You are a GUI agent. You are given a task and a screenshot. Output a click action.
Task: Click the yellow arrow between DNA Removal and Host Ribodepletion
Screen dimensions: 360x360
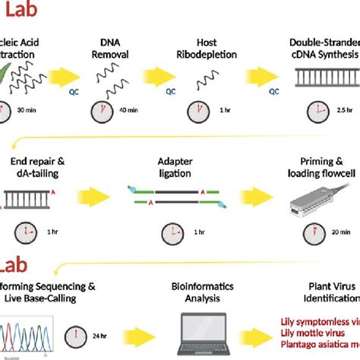click(163, 80)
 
